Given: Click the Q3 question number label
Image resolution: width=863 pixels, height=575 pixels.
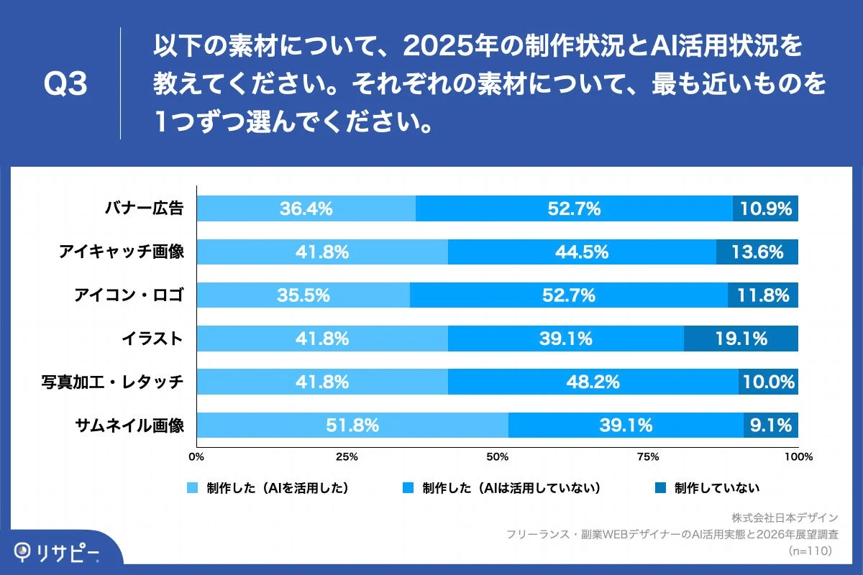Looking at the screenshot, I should [x=65, y=85].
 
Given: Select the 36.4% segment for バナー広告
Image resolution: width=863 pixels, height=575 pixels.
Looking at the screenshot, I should [x=306, y=209].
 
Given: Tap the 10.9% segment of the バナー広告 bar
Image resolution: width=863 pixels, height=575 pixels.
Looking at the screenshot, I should [x=765, y=209].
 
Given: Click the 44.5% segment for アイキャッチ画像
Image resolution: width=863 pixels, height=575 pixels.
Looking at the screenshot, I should [x=582, y=252].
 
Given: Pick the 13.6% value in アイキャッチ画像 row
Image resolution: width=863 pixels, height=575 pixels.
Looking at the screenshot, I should [x=757, y=252].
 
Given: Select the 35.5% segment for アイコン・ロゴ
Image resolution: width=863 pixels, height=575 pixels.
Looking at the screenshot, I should [x=303, y=295].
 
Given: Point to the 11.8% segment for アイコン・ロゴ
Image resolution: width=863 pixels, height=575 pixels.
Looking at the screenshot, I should [x=762, y=295].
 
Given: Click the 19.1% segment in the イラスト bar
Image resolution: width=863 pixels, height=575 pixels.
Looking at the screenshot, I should [x=740, y=339].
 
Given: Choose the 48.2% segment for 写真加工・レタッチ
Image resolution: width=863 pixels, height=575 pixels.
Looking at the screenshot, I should [x=593, y=382].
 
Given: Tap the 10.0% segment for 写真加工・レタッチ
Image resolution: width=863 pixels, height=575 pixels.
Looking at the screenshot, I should [x=768, y=382].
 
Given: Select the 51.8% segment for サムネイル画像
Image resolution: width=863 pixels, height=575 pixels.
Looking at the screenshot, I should [x=352, y=425].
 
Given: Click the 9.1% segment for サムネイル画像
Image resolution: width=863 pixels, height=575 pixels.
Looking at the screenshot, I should [x=770, y=425].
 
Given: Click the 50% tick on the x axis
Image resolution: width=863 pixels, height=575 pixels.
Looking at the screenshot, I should [x=497, y=456].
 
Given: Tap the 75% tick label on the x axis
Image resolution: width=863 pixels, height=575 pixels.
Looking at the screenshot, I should [x=648, y=456].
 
